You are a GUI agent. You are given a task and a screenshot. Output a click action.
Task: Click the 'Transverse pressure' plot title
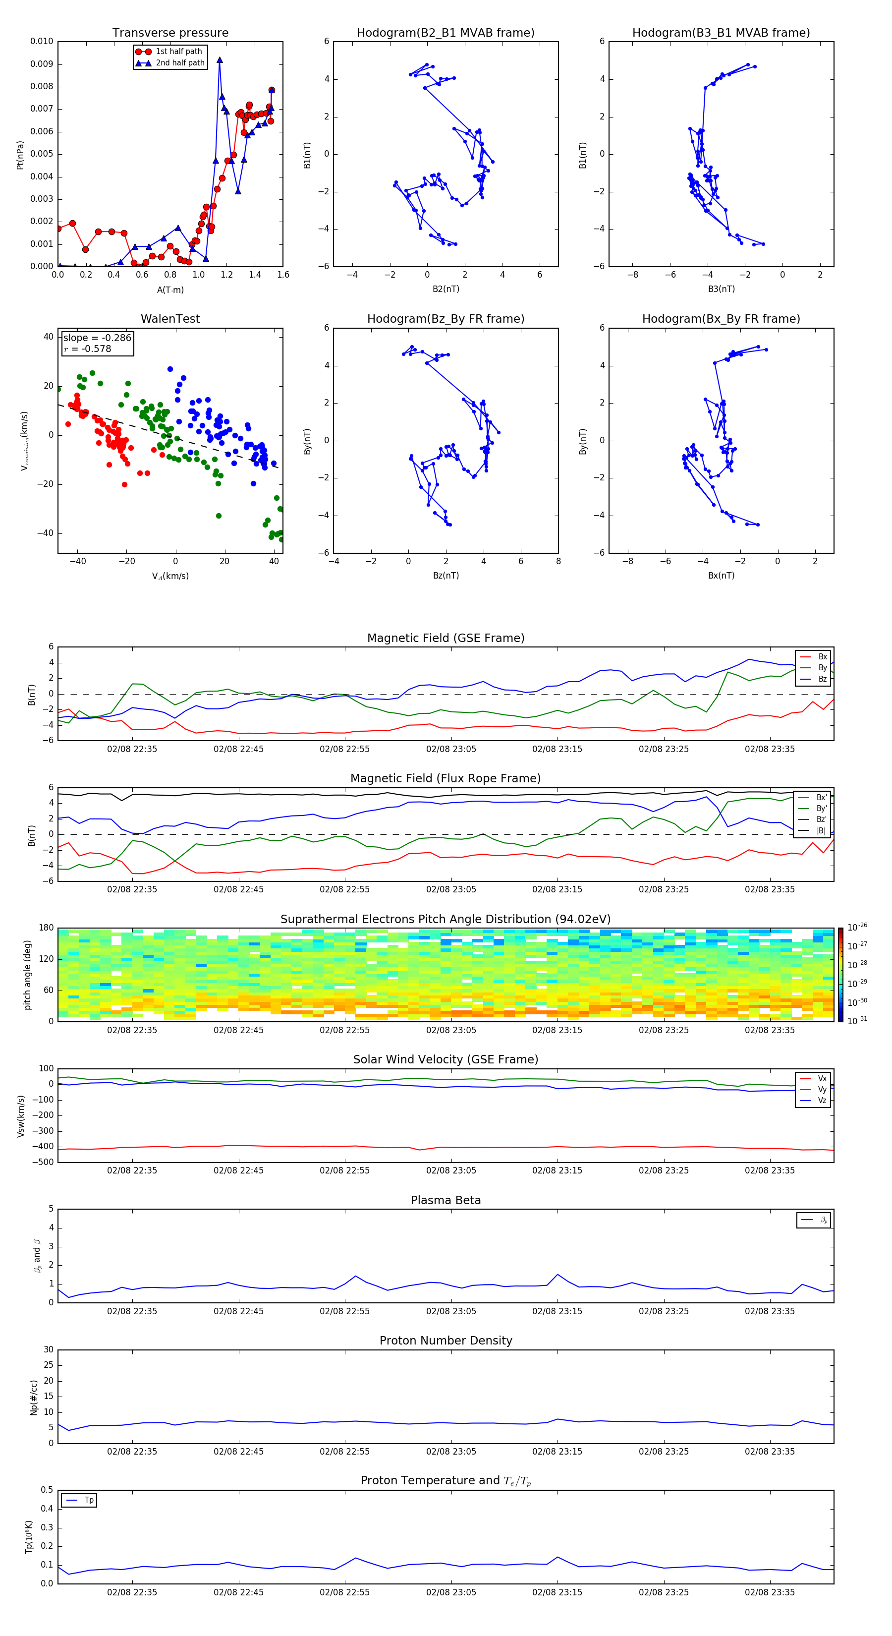point(170,33)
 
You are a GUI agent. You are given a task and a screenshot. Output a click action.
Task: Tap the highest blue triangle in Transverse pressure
point(220,60)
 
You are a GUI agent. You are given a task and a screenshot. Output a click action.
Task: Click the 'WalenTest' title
point(170,319)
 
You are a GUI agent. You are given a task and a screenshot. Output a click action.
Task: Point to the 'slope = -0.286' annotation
point(97,338)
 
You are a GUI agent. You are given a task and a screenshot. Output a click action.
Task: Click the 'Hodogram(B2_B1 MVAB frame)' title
point(445,33)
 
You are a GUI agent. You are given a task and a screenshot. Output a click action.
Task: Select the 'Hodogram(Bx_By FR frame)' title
point(721,319)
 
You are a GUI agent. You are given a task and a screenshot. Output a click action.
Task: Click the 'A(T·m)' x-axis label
point(170,290)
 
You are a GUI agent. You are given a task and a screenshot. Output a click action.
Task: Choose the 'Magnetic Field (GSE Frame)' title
point(446,638)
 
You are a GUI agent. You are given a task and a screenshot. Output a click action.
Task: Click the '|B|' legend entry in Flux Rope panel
point(821,831)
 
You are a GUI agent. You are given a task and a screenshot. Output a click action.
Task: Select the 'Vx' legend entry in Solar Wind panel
point(822,1078)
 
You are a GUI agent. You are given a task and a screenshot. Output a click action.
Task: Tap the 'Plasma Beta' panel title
point(446,1200)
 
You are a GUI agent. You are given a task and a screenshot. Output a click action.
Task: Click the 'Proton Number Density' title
point(446,1341)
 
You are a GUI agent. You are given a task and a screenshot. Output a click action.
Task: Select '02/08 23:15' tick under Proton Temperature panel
point(557,1592)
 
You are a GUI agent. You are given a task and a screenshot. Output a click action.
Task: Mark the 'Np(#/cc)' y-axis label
point(34,1397)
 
